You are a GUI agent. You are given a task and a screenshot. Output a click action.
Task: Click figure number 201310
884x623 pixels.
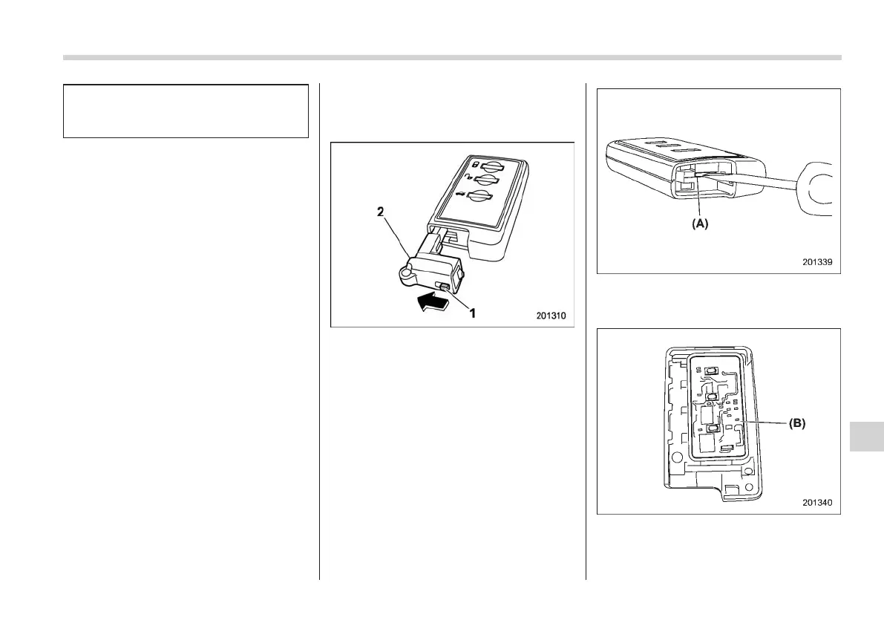(x=550, y=316)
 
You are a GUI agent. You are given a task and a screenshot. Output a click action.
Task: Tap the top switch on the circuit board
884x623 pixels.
(x=710, y=372)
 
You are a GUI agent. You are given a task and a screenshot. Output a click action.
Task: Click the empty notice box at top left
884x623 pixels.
(x=186, y=111)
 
